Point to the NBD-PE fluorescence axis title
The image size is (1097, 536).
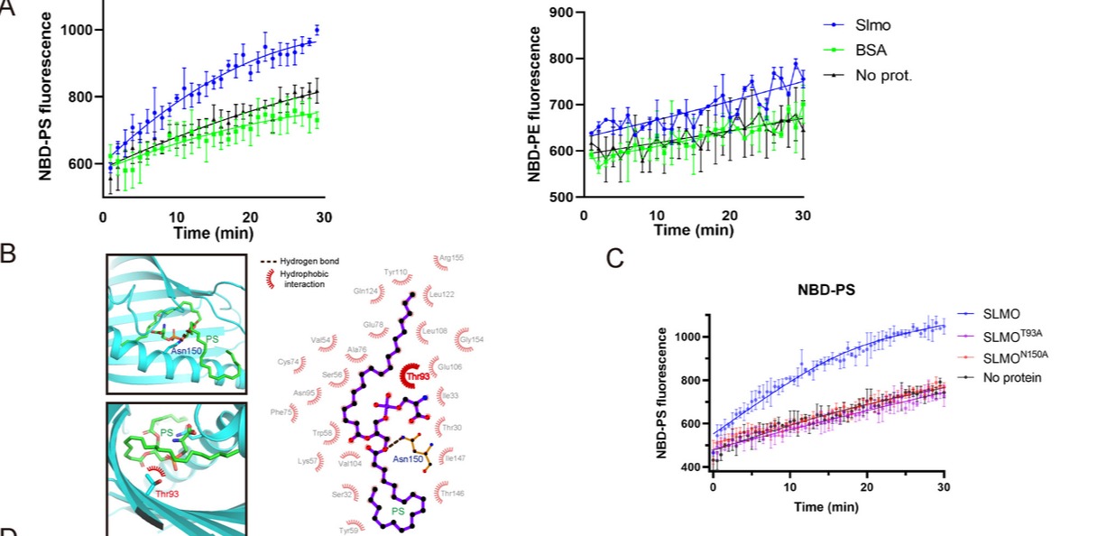[534, 105]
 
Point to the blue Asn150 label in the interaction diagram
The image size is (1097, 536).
[407, 458]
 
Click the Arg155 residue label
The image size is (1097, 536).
[451, 258]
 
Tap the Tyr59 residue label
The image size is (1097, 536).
[348, 531]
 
